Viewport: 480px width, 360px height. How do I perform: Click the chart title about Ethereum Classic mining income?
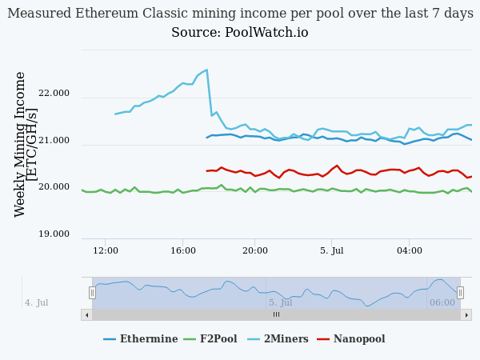[x=240, y=14]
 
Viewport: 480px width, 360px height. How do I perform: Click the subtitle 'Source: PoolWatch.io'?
[x=240, y=33]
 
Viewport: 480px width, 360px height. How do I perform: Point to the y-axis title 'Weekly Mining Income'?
[x=21, y=144]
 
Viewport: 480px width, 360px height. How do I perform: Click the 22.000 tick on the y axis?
[x=54, y=94]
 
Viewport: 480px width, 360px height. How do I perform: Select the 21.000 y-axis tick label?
[x=54, y=141]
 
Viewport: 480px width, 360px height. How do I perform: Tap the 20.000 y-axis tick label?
[x=54, y=187]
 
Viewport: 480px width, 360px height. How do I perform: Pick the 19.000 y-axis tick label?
[x=54, y=234]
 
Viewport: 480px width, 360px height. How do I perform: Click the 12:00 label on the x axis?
[x=106, y=250]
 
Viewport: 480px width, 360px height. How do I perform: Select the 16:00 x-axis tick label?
[x=182, y=250]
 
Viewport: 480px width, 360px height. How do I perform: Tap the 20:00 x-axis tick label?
[x=255, y=250]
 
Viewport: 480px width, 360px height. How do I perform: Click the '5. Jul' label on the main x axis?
[x=331, y=250]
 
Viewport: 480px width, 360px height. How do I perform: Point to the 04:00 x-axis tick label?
[x=409, y=250]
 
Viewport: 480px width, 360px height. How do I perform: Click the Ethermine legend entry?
[x=141, y=339]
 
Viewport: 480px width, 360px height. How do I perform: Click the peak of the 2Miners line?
[x=206, y=70]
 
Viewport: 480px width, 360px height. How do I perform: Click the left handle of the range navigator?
[x=92, y=293]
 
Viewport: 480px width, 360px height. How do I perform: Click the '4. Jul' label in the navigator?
[x=37, y=303]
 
